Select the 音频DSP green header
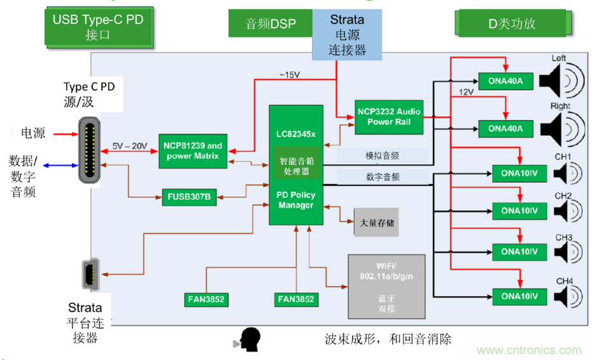tap(271, 24)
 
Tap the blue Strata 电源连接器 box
tap(347, 35)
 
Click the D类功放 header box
tap(511, 24)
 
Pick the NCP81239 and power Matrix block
tap(193, 151)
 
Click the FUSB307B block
tap(189, 197)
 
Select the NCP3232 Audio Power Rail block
tap(388, 117)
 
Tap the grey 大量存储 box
tap(377, 223)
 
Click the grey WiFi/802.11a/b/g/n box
tap(386, 287)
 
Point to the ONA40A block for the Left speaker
tap(506, 81)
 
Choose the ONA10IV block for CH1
tap(520, 173)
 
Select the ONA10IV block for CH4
tap(520, 296)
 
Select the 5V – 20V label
tap(129, 146)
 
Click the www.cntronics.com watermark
tap(529, 350)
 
